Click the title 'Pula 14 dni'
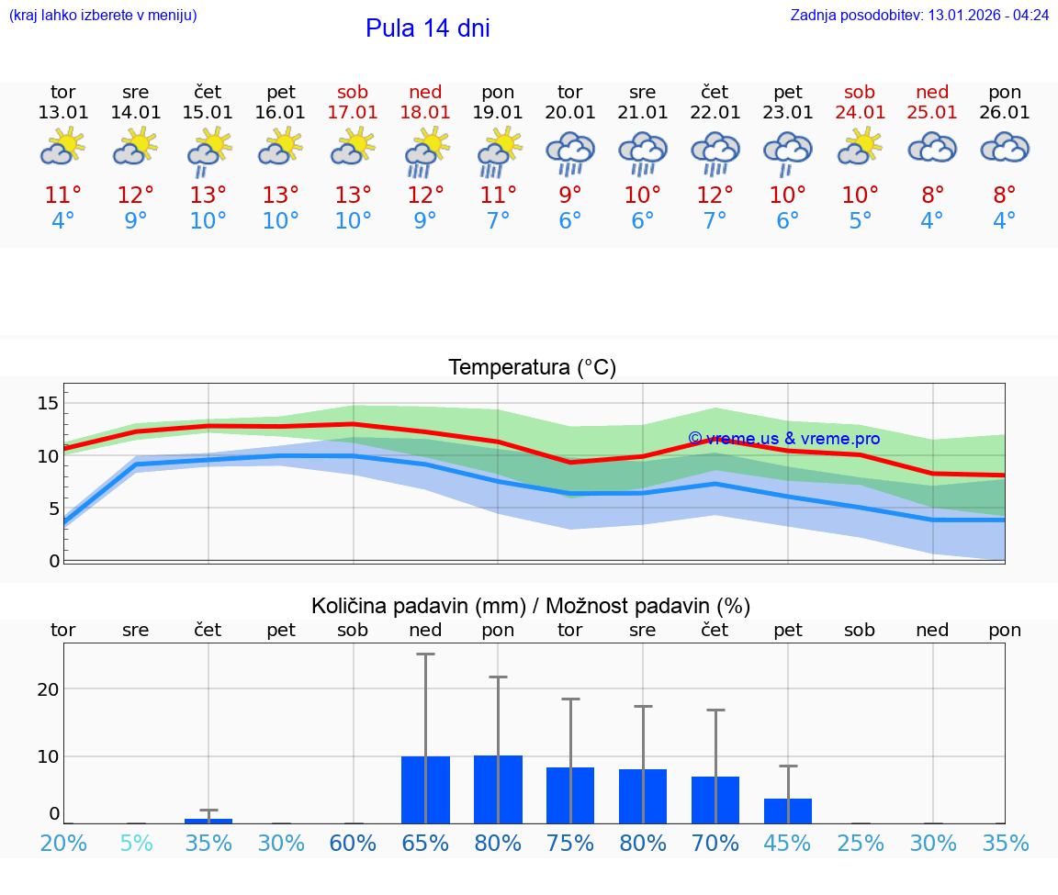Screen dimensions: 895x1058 427,28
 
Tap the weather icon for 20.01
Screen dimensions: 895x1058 570,152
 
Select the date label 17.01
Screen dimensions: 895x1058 353,113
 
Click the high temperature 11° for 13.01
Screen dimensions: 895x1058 63,195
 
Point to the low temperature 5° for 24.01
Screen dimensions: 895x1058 860,221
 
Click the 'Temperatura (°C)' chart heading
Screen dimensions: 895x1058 532,368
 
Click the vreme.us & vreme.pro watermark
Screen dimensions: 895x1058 783,439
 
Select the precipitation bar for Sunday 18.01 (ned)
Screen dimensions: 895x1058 425,789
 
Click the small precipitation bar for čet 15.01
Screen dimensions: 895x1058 208,821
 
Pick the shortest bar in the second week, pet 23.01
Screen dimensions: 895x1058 788,811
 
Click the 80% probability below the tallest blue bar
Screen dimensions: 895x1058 498,843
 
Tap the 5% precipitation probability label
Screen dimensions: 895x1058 136,843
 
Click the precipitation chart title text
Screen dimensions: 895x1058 531,606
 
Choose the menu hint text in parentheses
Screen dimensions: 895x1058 103,16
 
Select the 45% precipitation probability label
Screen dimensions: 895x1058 788,843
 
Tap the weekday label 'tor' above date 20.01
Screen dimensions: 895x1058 570,92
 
